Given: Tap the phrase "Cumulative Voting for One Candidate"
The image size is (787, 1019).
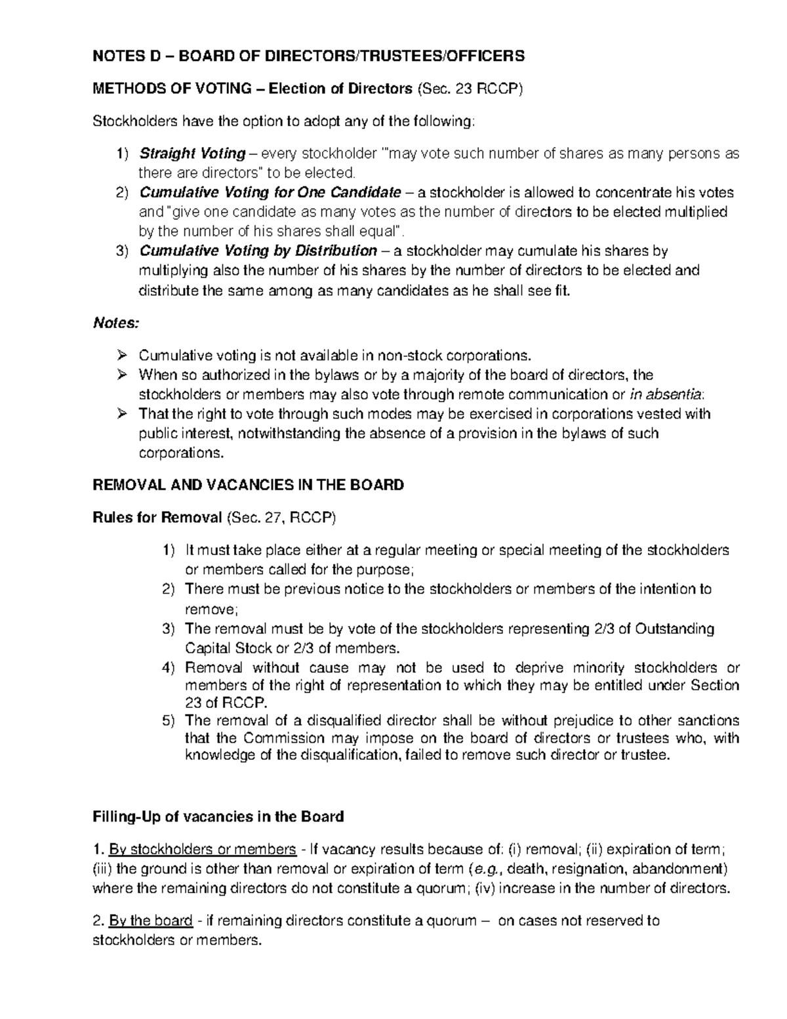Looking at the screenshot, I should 270,193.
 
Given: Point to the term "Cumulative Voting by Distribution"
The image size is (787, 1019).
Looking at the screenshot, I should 258,251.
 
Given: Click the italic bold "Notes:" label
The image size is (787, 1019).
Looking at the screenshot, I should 116,323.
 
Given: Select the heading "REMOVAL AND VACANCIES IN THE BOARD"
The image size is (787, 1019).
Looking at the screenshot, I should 248,486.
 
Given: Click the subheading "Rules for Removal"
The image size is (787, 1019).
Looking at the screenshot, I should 157,518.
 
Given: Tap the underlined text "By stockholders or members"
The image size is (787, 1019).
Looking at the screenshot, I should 202,850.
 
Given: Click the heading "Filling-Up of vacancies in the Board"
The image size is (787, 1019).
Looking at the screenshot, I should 218,817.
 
